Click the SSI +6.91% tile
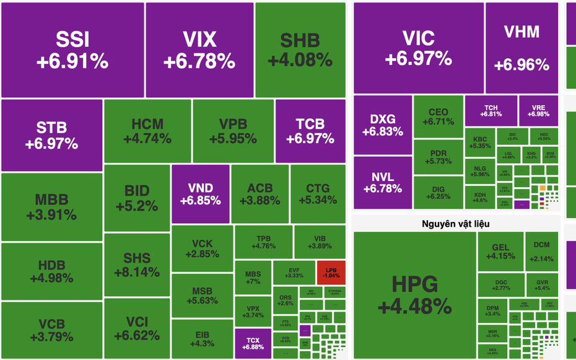point(72,50)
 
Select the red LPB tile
point(331,272)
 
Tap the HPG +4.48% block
point(414,295)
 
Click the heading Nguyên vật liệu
point(456,223)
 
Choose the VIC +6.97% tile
point(418,48)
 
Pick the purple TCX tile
point(253,343)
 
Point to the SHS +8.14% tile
point(136,265)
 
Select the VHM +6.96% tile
point(521,48)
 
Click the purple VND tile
point(200,194)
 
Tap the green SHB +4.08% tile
point(300,50)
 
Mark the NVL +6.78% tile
point(382,182)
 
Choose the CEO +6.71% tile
point(438,116)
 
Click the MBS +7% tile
point(253,277)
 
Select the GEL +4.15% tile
point(500,251)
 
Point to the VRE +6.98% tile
point(538,110)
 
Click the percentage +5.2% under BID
point(136,206)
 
